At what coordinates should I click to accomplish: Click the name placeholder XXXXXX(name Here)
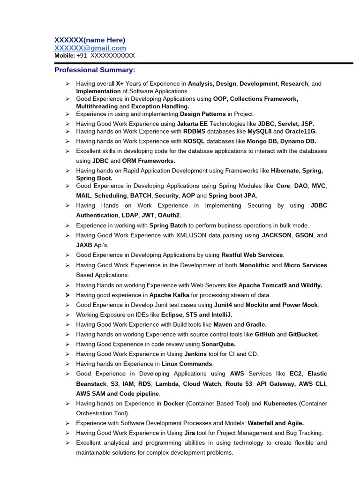90,40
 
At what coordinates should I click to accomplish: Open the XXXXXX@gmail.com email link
90,48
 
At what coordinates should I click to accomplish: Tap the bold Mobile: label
65,55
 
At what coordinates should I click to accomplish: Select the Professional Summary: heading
95,70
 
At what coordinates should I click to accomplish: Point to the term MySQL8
259,131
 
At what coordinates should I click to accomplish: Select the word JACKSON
276,235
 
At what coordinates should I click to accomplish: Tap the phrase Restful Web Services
252,255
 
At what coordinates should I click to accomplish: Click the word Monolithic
254,265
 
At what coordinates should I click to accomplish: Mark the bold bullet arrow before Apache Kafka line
67,295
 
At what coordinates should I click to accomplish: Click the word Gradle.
256,324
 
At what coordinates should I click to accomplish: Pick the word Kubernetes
280,404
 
